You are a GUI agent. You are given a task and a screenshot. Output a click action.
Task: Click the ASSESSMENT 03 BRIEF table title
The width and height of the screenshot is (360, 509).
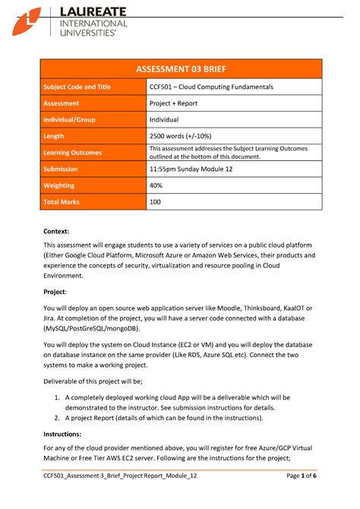(181, 69)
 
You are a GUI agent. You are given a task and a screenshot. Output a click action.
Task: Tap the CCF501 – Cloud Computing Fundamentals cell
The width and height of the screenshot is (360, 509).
(211, 87)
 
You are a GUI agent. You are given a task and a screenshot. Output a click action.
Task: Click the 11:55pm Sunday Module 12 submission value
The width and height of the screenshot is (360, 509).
(195, 169)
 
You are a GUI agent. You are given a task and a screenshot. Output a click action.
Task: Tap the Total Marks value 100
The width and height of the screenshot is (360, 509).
(156, 202)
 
